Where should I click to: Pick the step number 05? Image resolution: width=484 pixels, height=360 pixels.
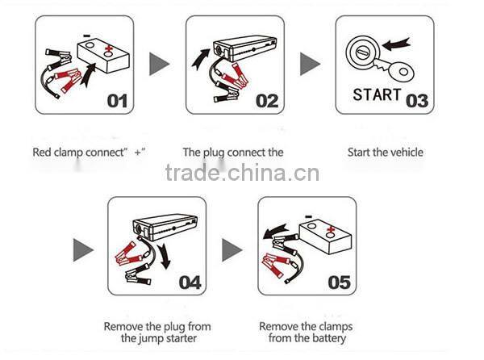click(340, 282)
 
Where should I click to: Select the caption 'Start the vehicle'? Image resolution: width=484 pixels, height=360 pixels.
click(385, 152)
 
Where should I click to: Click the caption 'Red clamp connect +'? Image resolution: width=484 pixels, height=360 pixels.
click(90, 152)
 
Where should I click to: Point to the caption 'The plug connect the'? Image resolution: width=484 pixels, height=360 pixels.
click(233, 152)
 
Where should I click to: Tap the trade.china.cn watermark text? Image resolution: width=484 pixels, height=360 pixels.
click(242, 173)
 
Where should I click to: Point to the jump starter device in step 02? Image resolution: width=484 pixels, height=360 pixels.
click(250, 48)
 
